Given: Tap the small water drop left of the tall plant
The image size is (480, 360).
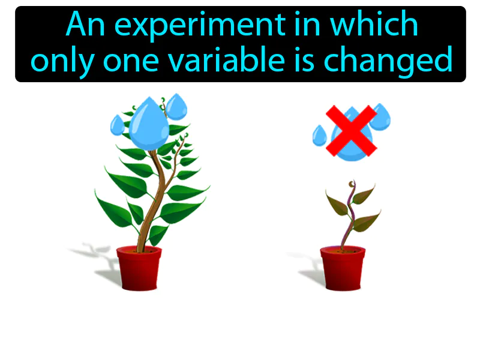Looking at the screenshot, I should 117,125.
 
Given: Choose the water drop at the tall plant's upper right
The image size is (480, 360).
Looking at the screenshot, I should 176,106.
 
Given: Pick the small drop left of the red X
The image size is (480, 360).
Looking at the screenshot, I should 319,137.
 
